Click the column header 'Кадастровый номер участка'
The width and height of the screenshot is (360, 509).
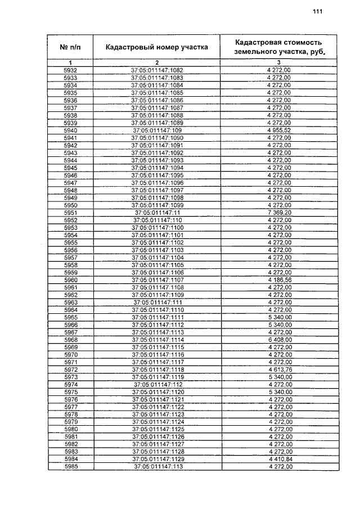157,47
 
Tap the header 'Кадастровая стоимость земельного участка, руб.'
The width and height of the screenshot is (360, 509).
279,47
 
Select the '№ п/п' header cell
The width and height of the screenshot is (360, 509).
70,47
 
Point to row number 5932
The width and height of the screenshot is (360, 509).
70,70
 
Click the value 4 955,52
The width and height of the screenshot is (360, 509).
279,130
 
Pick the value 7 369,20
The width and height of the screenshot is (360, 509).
279,213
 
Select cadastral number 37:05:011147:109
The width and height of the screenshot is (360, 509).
157,130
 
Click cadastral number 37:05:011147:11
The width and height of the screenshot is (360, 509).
157,213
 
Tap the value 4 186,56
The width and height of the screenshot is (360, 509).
279,280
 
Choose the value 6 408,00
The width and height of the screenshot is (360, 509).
279,340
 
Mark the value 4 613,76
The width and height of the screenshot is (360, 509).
279,370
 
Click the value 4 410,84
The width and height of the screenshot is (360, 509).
279,460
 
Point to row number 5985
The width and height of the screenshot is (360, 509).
70,467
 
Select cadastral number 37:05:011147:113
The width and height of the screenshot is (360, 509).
157,467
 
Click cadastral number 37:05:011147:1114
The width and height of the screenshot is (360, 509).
157,340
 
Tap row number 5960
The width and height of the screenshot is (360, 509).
70,280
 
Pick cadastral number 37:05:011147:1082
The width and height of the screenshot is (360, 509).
157,70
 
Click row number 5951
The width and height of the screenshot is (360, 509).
70,213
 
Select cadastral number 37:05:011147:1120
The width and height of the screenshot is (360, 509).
157,392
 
